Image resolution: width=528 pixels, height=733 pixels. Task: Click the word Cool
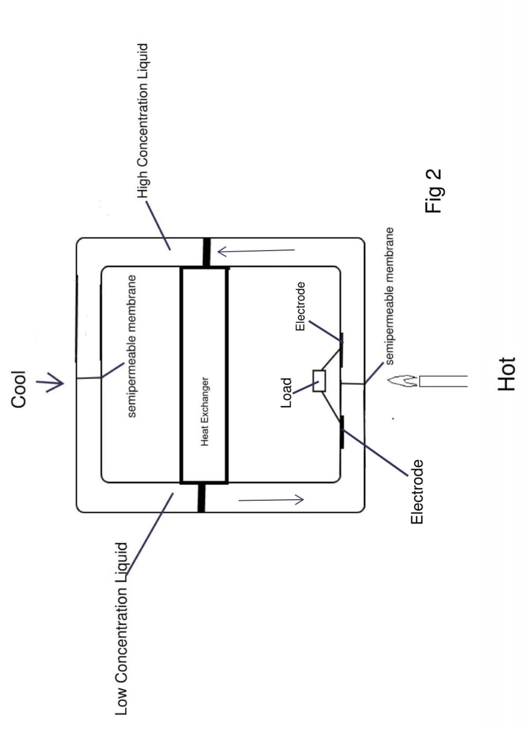pos(19,389)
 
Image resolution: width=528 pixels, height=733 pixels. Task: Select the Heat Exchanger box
pos(204,375)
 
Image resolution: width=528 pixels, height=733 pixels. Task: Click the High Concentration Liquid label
pos(143,120)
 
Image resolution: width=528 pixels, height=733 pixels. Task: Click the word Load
pos(286,393)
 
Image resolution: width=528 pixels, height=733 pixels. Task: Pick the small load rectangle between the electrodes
pos(319,380)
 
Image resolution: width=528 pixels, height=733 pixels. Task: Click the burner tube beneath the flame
pos(444,381)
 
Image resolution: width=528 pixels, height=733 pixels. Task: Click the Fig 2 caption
pos(433,191)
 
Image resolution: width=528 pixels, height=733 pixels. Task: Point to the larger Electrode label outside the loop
pos(417,492)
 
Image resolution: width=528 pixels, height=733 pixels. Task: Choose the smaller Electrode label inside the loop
pos(300,306)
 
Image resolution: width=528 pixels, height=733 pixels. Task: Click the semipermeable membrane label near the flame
pos(390,296)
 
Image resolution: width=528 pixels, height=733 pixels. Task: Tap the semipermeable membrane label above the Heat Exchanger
pos(132,346)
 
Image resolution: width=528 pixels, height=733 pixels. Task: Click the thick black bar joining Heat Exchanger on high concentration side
pos(206,252)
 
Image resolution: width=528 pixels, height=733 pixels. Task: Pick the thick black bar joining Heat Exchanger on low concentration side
pos(201,497)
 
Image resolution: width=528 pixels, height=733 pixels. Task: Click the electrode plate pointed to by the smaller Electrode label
pos(342,349)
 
